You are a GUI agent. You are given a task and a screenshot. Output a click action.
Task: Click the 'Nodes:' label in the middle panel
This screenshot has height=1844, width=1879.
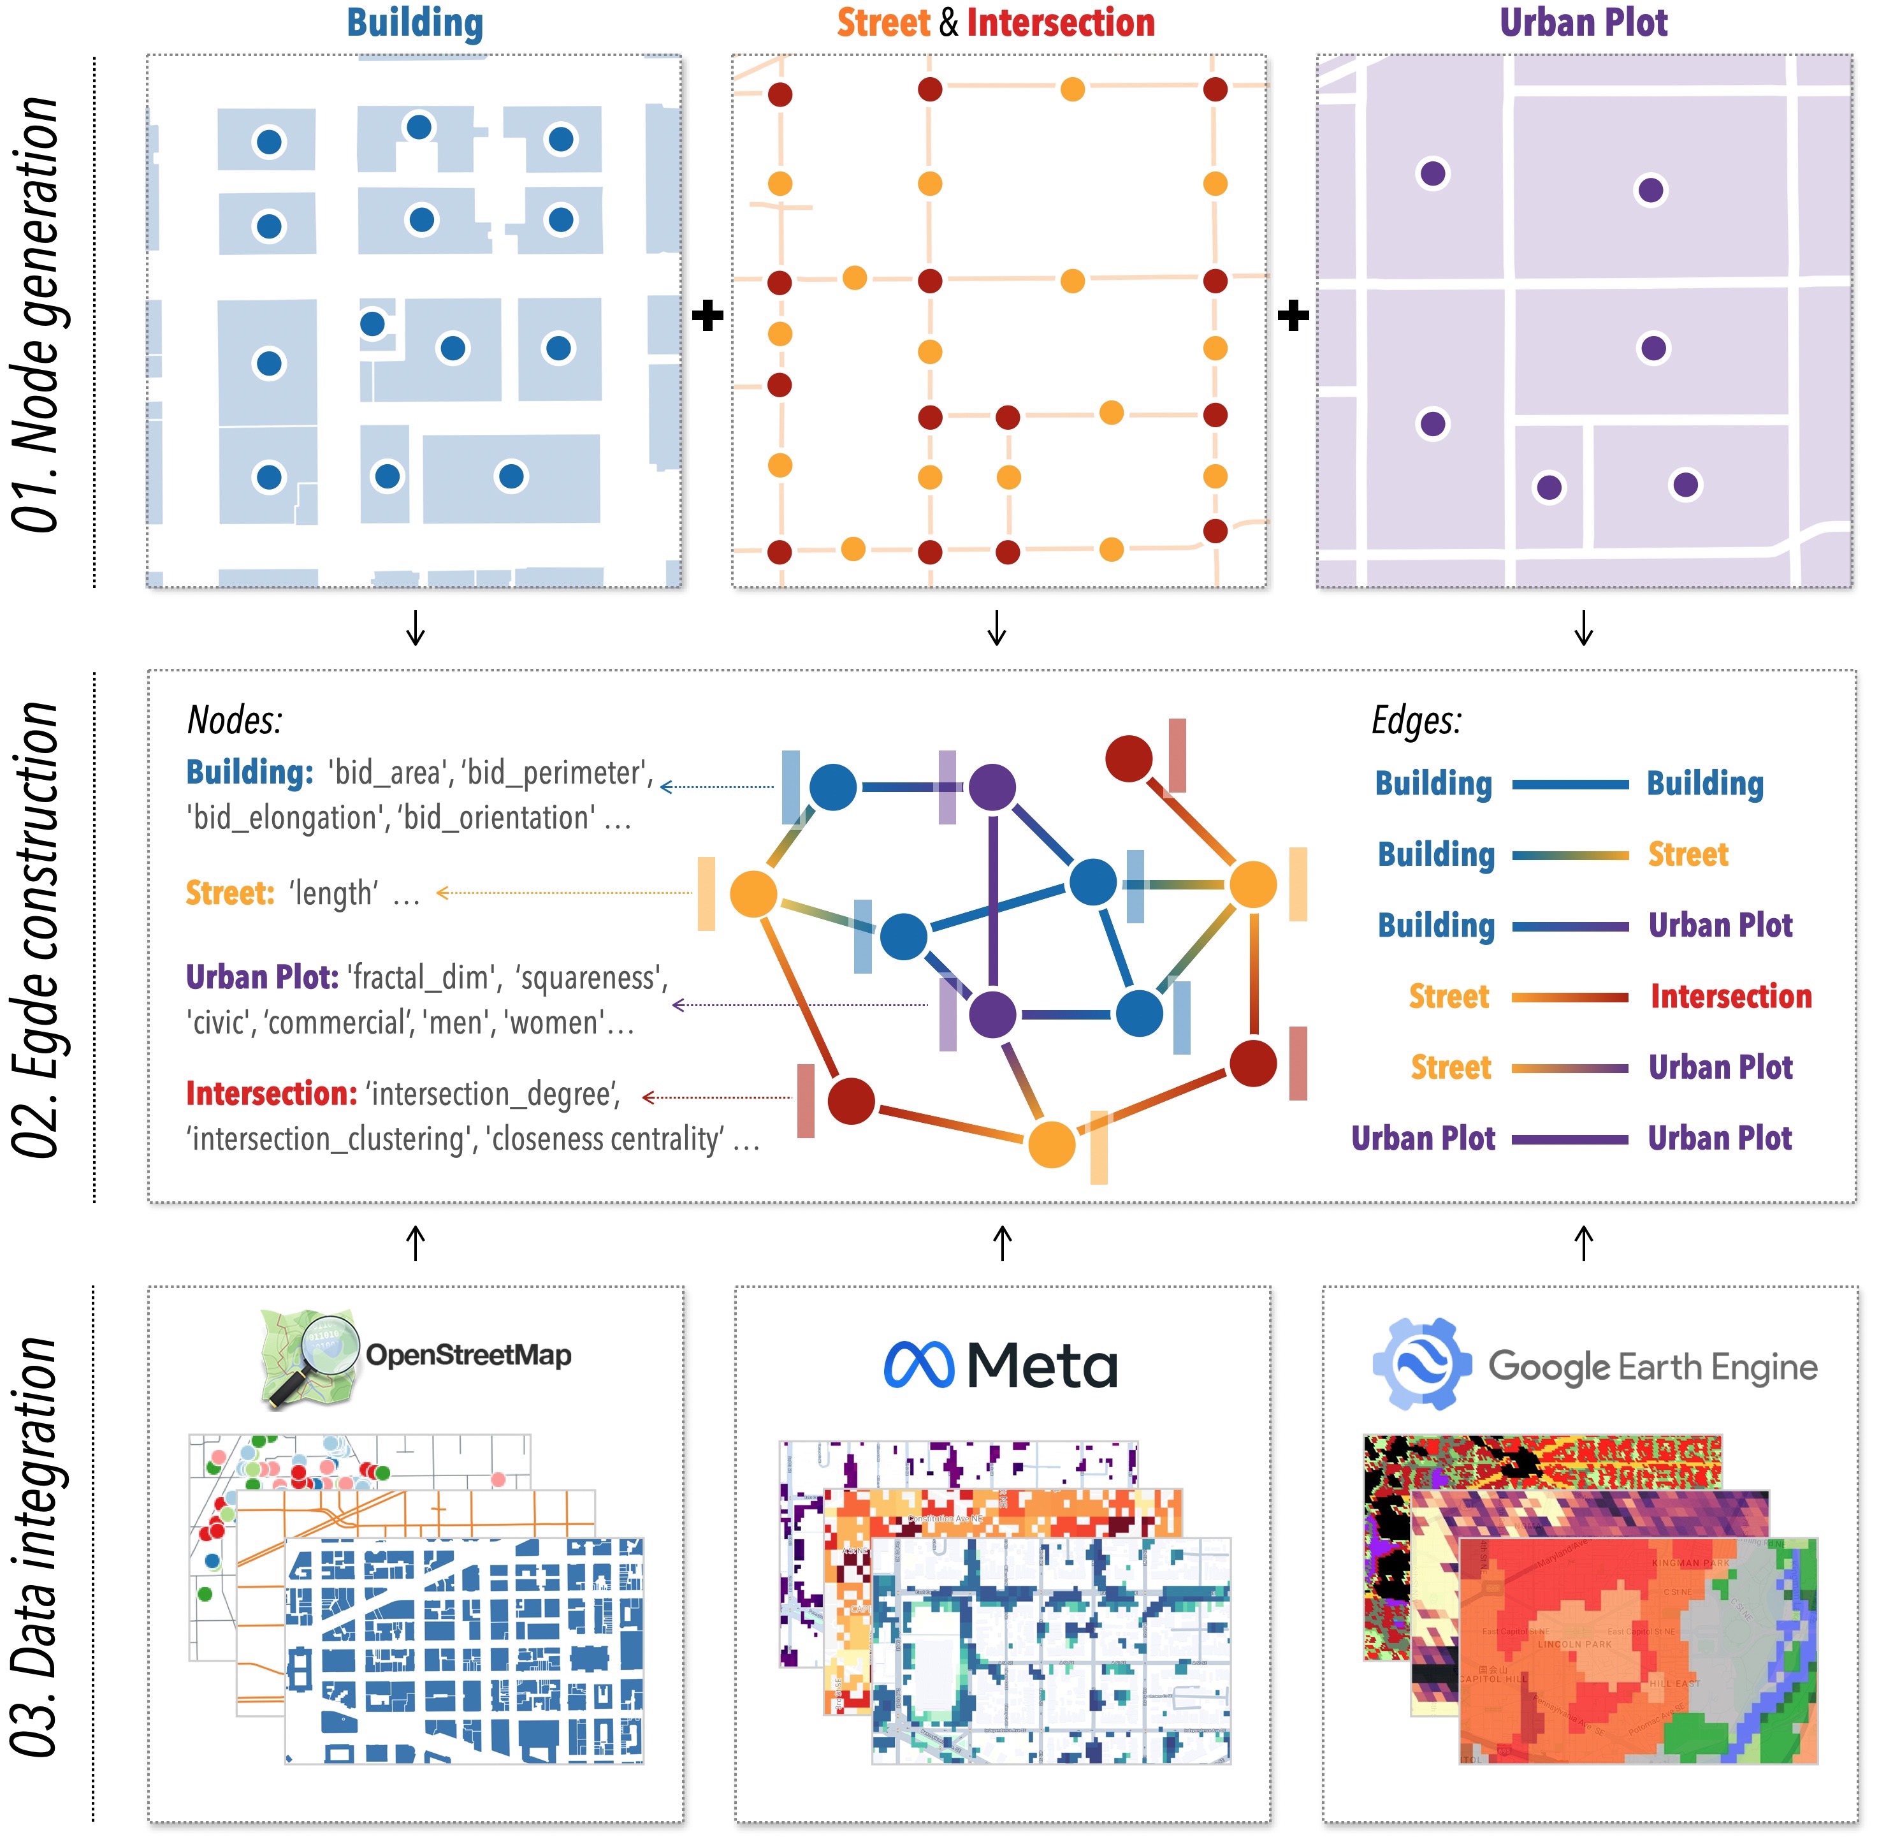click(x=235, y=721)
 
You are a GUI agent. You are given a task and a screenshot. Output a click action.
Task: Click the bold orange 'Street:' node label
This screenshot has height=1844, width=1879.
click(x=230, y=893)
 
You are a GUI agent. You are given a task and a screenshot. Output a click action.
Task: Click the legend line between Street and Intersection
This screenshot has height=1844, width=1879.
click(x=1569, y=997)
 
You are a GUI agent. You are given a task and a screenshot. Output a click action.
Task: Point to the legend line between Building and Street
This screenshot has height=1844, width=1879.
click(x=1569, y=855)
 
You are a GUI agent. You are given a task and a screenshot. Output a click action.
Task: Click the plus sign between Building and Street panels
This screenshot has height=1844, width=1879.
click(x=707, y=316)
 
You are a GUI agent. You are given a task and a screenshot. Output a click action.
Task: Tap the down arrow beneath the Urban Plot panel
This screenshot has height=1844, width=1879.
click(x=1584, y=627)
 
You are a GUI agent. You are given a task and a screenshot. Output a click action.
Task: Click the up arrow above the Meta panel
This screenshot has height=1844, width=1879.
click(x=1003, y=1243)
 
